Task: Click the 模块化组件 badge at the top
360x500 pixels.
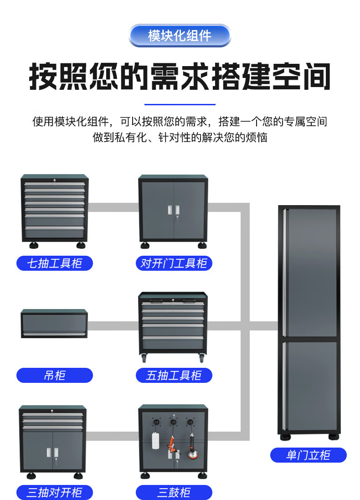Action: pos(180,36)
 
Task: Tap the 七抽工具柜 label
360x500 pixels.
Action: pos(55,263)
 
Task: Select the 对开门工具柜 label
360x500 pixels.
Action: pos(174,263)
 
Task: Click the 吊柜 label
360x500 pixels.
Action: pos(55,375)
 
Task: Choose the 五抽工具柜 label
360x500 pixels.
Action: pos(174,375)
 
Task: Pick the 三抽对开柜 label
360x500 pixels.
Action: pos(55,492)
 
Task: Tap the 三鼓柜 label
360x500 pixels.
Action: pos(174,492)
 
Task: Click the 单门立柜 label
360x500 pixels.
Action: pos(309,455)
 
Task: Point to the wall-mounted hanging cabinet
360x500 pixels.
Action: pos(54,323)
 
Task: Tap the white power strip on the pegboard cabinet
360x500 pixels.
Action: pos(155,440)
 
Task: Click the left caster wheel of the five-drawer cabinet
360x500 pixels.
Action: pos(144,358)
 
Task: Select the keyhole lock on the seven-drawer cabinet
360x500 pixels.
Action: pos(55,181)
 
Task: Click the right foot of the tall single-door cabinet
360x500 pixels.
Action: pos(334,437)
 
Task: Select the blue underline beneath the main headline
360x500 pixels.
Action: pos(180,104)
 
